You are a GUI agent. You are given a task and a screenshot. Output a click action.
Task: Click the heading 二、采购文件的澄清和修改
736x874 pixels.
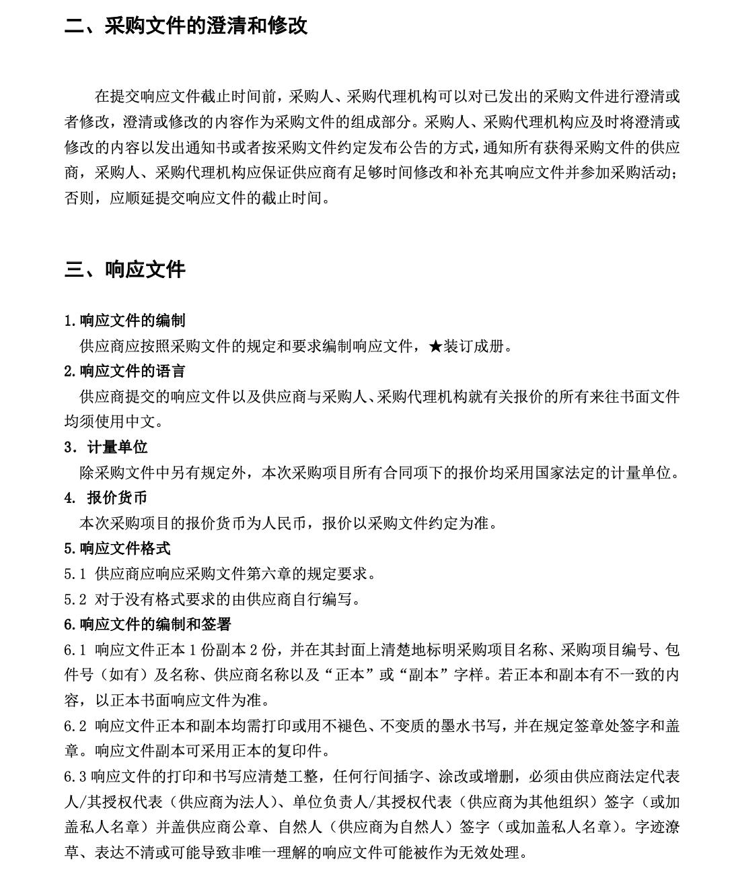pyautogui.click(x=186, y=26)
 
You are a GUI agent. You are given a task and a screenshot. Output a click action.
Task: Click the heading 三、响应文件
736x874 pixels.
pyautogui.click(x=124, y=270)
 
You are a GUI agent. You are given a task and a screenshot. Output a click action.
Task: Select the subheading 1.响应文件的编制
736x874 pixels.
pyautogui.click(x=124, y=321)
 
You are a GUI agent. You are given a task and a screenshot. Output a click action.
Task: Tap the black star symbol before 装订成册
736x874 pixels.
pyautogui.click(x=436, y=347)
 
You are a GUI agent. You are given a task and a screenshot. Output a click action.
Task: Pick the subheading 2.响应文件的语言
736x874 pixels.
pyautogui.click(x=124, y=371)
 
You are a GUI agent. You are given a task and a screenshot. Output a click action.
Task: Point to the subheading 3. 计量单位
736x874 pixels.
pyautogui.click(x=106, y=447)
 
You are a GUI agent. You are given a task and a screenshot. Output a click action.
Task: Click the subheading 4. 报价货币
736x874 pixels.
pyautogui.click(x=106, y=498)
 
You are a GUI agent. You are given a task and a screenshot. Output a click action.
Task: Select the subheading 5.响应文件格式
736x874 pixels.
pyautogui.click(x=117, y=548)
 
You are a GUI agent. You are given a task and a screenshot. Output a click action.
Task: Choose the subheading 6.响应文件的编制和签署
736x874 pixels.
pyautogui.click(x=147, y=624)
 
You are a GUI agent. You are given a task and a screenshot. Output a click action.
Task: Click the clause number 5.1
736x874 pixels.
pyautogui.click(x=75, y=574)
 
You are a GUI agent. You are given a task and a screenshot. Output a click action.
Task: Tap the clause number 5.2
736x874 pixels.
pyautogui.click(x=75, y=599)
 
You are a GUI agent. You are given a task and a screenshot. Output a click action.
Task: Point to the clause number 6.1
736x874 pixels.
pyautogui.click(x=75, y=650)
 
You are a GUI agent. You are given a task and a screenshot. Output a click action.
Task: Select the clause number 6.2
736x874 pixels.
pyautogui.click(x=75, y=726)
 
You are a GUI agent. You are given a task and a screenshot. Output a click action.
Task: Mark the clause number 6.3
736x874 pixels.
pyautogui.click(x=75, y=776)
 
